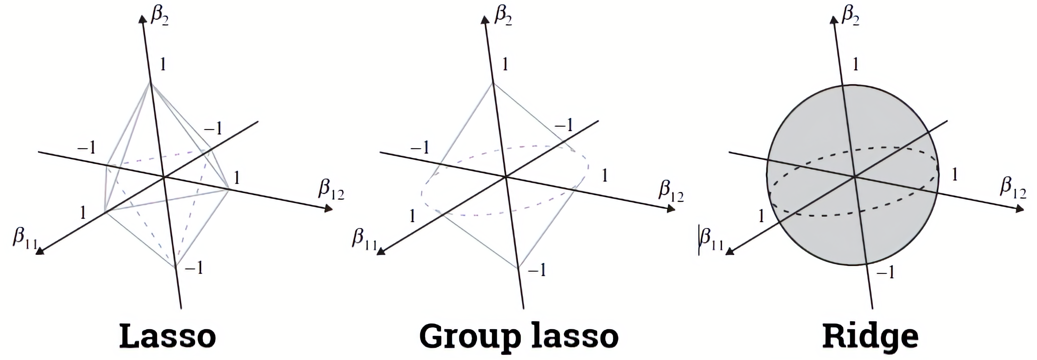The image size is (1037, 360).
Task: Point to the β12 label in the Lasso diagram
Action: coord(331,190)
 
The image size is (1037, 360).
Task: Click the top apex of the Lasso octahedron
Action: coord(151,83)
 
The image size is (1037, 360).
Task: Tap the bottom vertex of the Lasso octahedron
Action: coord(176,267)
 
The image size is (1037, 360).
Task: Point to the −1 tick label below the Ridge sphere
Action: coord(886,273)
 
